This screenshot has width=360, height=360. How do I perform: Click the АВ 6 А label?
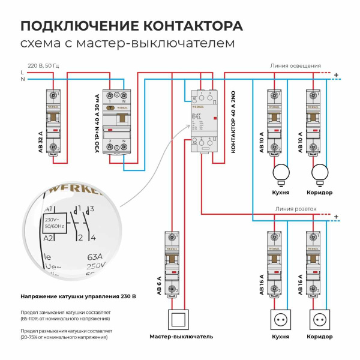[160, 284]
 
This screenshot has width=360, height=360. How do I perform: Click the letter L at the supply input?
[22, 73]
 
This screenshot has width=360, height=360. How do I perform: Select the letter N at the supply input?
[22, 79]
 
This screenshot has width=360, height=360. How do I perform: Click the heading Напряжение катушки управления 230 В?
[78, 296]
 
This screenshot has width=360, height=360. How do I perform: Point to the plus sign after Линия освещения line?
[336, 76]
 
